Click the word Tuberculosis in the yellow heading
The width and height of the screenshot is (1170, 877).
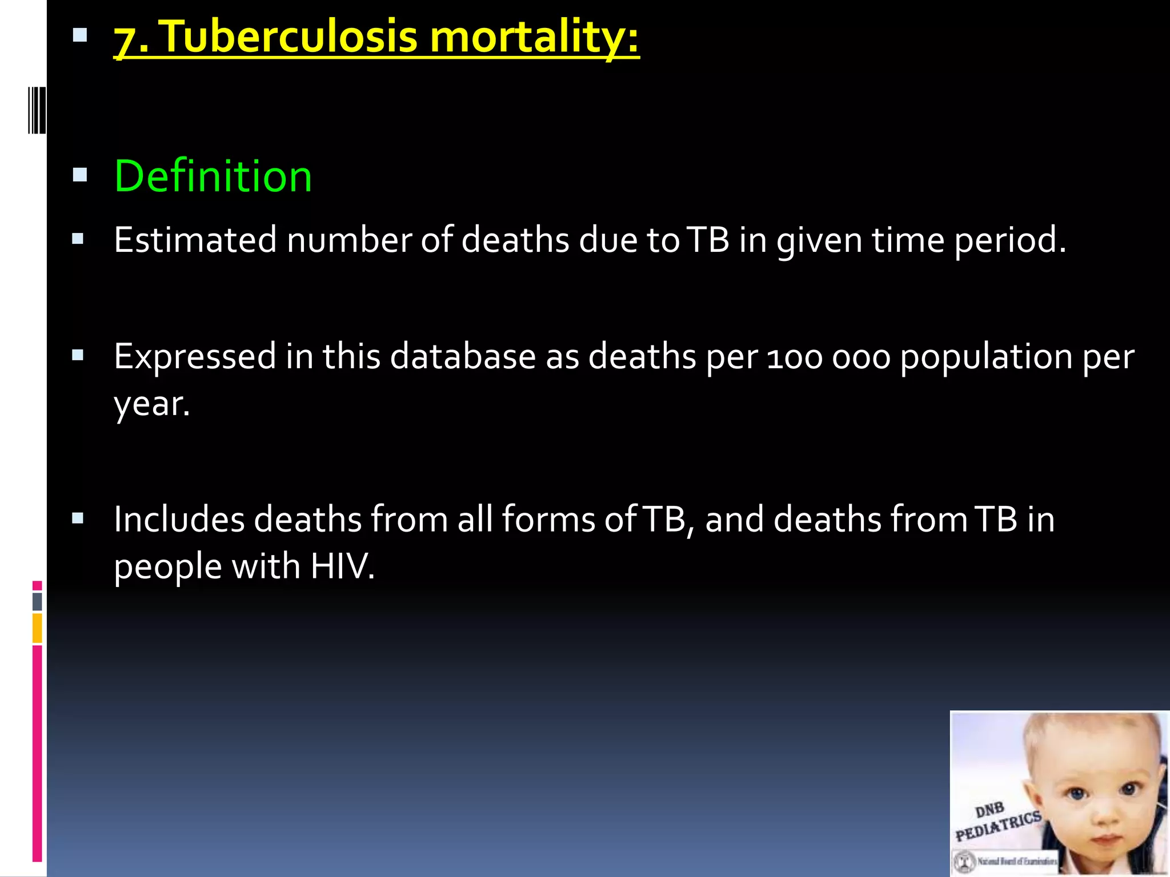tap(291, 38)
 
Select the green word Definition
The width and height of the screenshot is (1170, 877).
tap(213, 176)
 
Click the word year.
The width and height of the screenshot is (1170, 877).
tap(151, 405)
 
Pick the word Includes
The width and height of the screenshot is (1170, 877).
tap(179, 520)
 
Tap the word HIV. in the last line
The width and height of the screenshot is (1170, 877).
tap(342, 567)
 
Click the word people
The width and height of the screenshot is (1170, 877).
tap(167, 568)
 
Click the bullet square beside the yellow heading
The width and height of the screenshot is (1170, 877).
tap(80, 36)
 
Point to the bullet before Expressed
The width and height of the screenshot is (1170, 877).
tap(78, 356)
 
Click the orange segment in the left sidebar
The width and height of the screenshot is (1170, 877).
tap(37, 628)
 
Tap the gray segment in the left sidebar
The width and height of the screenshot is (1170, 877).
tap(37, 601)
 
